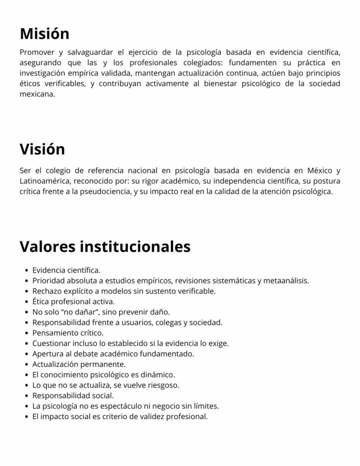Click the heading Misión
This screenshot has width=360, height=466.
(45, 34)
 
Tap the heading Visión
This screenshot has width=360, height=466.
(42, 149)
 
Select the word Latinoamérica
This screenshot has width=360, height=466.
(45, 180)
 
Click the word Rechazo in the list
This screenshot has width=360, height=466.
(46, 291)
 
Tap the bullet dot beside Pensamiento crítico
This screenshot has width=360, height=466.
(25, 333)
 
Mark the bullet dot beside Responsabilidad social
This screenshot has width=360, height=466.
(25, 396)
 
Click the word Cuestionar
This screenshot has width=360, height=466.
(51, 344)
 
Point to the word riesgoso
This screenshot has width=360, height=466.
(162, 385)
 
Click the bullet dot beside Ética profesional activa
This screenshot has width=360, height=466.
(25, 302)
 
